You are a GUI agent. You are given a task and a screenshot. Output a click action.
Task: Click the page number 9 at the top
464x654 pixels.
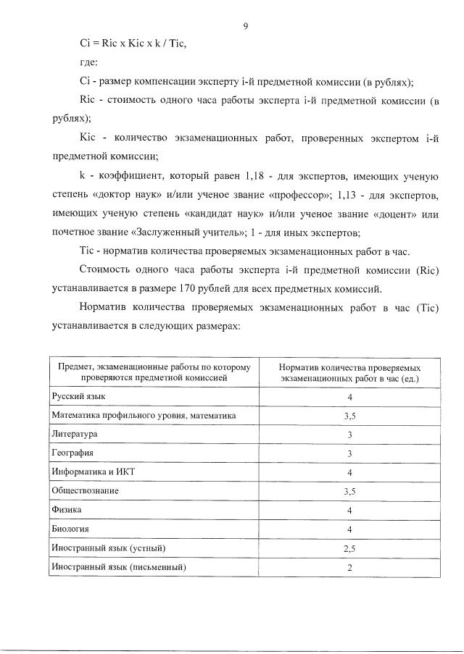point(246,27)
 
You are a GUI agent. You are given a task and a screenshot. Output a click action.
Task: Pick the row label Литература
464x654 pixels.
point(74,434)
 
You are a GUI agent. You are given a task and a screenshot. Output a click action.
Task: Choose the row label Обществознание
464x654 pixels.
point(85,490)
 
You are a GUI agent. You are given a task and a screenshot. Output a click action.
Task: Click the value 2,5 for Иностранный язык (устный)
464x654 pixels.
point(349,548)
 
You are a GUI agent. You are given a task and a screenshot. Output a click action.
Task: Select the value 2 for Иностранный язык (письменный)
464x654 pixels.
point(349,567)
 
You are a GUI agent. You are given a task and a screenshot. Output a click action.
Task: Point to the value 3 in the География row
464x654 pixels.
point(349,453)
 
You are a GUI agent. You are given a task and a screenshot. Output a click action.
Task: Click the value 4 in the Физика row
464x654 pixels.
point(349,510)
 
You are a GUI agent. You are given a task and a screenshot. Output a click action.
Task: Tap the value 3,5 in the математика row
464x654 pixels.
point(349,416)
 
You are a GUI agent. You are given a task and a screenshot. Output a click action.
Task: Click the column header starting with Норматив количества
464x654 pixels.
point(349,373)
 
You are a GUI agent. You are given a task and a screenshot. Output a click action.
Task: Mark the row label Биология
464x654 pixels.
point(70,529)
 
